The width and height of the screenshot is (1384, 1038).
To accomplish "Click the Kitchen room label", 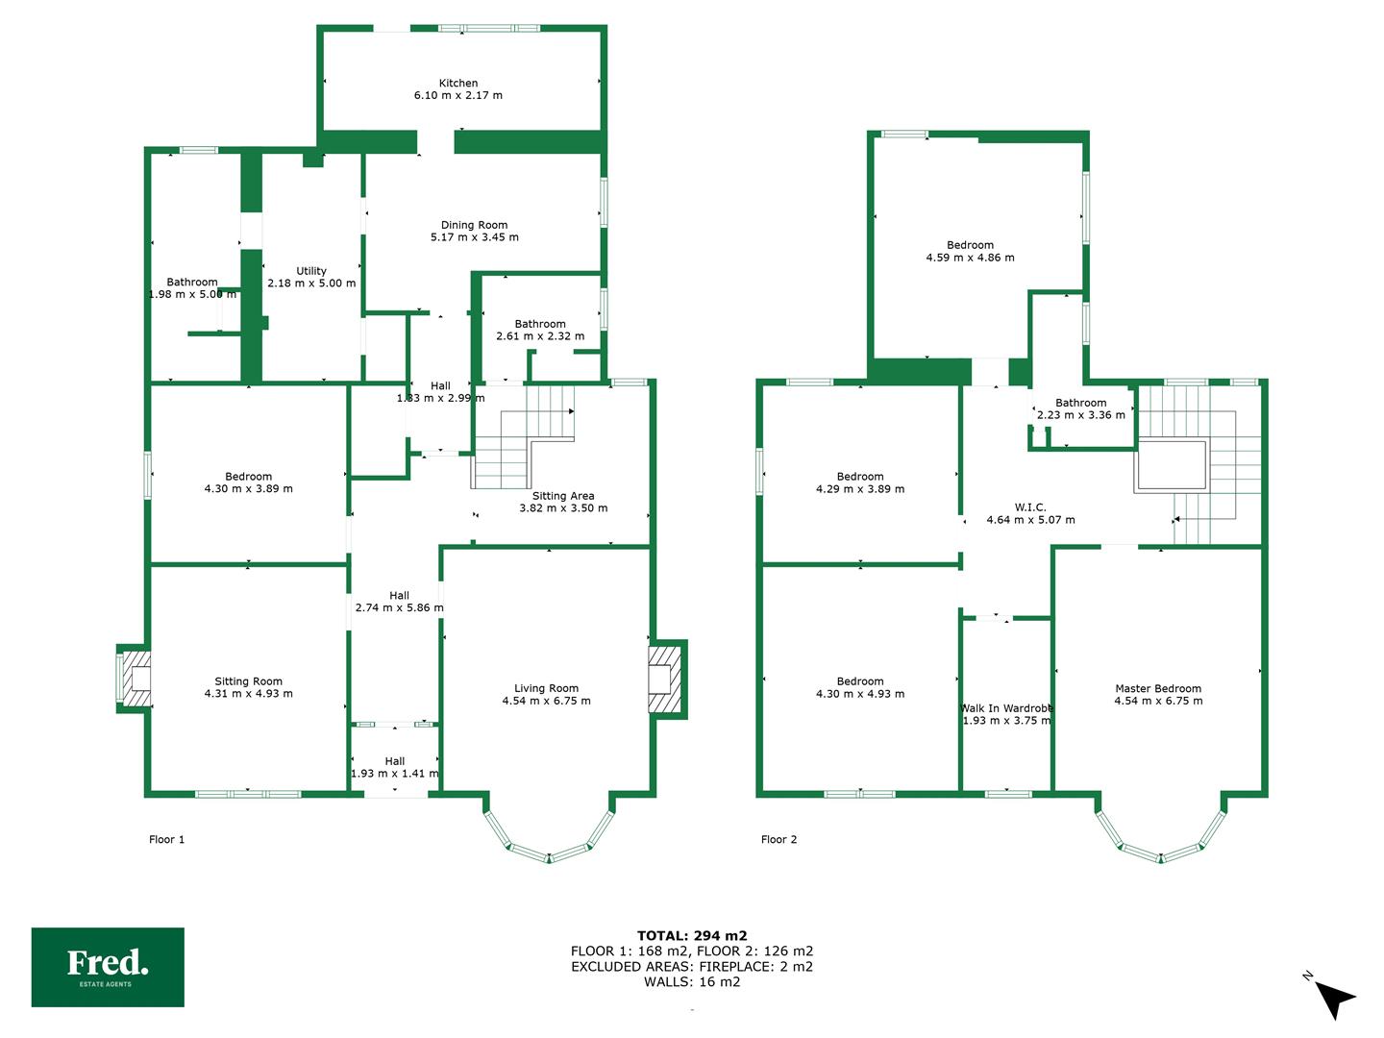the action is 458,84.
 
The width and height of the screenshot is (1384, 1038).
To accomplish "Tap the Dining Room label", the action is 474,225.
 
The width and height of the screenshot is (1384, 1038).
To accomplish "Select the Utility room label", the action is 311,271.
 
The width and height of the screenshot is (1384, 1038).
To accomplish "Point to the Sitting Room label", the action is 248,681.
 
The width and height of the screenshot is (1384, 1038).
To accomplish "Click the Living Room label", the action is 546,688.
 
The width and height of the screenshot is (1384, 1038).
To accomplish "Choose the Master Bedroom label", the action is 1158,688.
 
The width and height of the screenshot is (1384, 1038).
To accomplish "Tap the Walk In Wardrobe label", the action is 1007,707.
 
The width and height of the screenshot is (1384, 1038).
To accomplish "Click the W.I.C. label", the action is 1030,507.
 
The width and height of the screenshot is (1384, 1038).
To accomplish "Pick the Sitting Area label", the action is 563,496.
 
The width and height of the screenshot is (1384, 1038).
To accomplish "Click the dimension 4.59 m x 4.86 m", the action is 971,258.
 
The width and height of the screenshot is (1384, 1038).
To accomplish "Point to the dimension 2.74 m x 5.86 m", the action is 399,607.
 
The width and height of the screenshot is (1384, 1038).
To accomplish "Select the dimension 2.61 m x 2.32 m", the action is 540,336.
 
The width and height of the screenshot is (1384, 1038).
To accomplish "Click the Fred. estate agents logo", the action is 108,967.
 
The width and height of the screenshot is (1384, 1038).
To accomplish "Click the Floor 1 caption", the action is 166,839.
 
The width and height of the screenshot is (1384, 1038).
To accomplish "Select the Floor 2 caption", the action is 778,839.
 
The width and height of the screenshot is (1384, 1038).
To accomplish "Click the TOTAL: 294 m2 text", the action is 692,935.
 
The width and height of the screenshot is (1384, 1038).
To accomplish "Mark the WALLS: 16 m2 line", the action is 692,981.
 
